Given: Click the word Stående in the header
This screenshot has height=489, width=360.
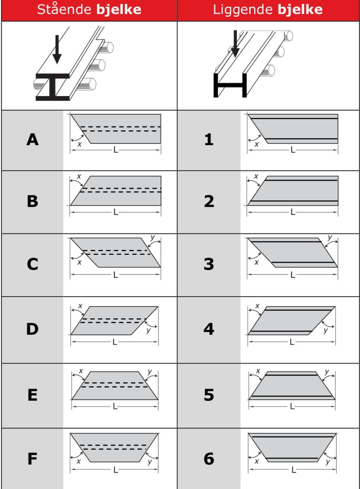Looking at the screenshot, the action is [64, 9].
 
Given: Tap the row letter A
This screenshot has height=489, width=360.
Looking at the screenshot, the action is [33, 139].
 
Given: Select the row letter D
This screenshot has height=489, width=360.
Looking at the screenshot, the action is [32, 329].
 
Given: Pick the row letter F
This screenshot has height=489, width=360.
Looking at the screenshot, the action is [32, 459].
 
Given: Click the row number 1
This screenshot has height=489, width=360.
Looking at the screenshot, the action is [209, 139].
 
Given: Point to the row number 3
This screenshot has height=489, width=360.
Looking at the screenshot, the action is [209, 264].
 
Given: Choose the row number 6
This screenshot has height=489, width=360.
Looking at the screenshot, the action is [209, 459].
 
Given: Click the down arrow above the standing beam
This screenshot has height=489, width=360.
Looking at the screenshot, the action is [57, 49].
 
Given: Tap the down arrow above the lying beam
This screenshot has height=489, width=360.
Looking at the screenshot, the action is [235, 43].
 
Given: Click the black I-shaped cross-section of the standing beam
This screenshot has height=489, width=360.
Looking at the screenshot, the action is [52, 87].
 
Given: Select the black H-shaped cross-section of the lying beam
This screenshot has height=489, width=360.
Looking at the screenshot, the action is [230, 85].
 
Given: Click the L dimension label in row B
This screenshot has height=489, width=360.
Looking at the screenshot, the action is [116, 212].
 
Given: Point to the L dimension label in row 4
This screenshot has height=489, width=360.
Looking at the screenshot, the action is [292, 342].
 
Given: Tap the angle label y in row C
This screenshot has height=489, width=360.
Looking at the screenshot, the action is [153, 237].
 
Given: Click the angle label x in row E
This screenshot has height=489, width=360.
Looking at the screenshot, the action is [81, 371].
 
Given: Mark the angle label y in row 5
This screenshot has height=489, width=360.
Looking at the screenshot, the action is [327, 372].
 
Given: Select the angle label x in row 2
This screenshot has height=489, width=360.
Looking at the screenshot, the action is [256, 176].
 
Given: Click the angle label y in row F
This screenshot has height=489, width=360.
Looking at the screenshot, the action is [150, 462].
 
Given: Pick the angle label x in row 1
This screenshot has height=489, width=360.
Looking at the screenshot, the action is [257, 144].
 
